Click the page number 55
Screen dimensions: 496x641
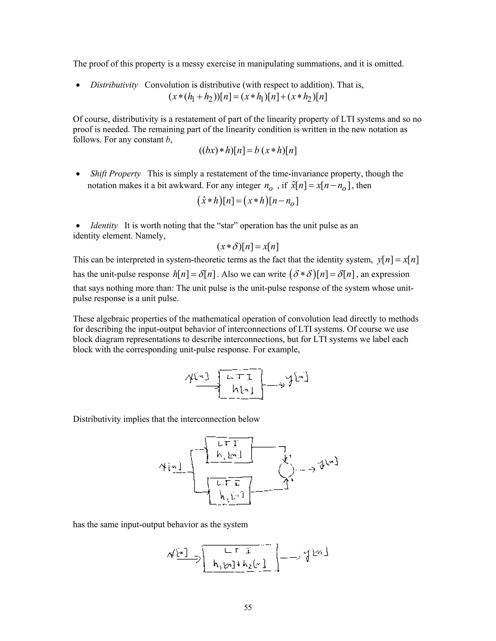(248, 607)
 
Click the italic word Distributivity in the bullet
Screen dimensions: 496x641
(114, 85)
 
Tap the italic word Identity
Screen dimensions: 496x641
(104, 226)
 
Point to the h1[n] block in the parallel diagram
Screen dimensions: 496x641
(229, 450)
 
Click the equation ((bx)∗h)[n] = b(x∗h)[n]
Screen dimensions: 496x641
(248, 151)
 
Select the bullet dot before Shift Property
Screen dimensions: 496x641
(78, 174)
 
